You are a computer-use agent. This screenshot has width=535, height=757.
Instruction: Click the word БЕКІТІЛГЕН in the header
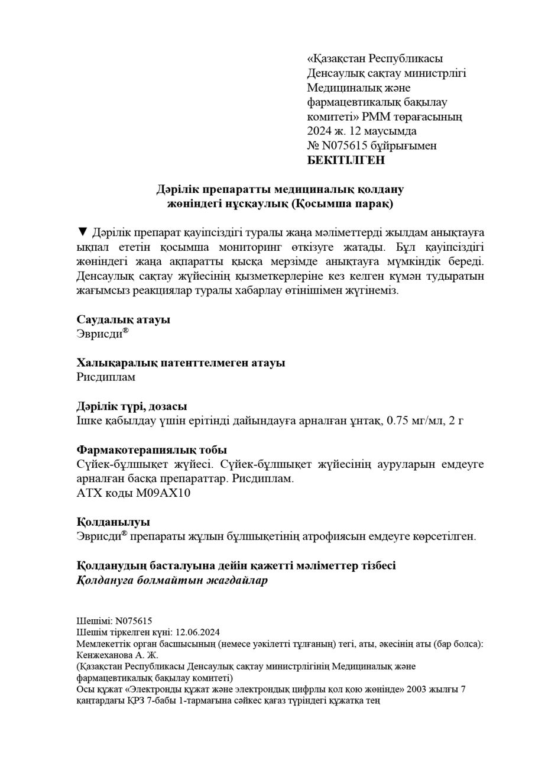pyautogui.click(x=346, y=160)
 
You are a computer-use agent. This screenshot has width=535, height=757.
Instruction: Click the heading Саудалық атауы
pyautogui.click(x=124, y=319)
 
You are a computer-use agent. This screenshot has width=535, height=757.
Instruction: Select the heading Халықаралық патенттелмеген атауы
pyautogui.click(x=181, y=363)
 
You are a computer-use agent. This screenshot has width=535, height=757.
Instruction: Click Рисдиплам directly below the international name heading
pyautogui.click(x=106, y=377)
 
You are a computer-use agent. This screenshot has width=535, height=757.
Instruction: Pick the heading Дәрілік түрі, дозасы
pyautogui.click(x=132, y=406)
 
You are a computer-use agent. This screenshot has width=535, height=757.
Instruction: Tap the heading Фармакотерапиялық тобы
pyautogui.click(x=152, y=450)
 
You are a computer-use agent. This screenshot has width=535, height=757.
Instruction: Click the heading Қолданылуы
pyautogui.click(x=113, y=522)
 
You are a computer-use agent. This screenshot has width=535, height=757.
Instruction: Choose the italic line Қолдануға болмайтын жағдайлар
pyautogui.click(x=172, y=580)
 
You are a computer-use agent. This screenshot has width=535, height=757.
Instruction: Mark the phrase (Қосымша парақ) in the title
pyautogui.click(x=349, y=204)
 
